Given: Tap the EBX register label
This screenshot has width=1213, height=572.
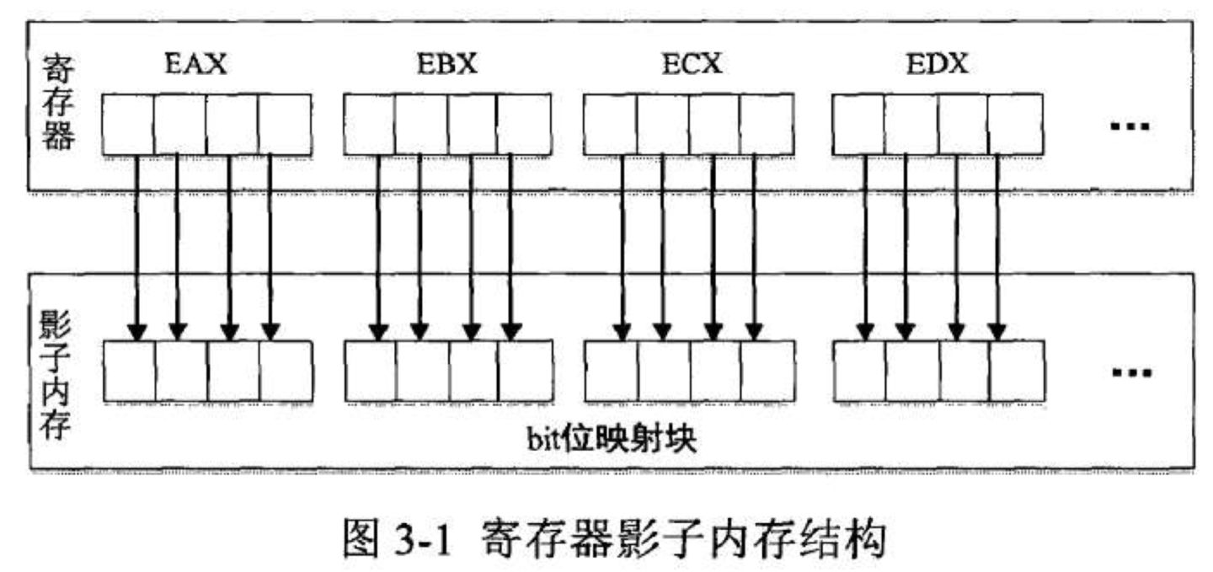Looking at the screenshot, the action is click(x=447, y=65).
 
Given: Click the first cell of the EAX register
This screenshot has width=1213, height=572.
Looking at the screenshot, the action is click(x=128, y=125).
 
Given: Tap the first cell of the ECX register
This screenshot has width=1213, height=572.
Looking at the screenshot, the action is click(x=610, y=125).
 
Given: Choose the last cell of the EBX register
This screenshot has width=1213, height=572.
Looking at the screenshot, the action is click(x=524, y=125).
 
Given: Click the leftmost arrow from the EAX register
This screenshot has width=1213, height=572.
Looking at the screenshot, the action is click(x=136, y=244).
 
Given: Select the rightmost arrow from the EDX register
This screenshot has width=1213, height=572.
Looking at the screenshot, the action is click(x=998, y=244).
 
